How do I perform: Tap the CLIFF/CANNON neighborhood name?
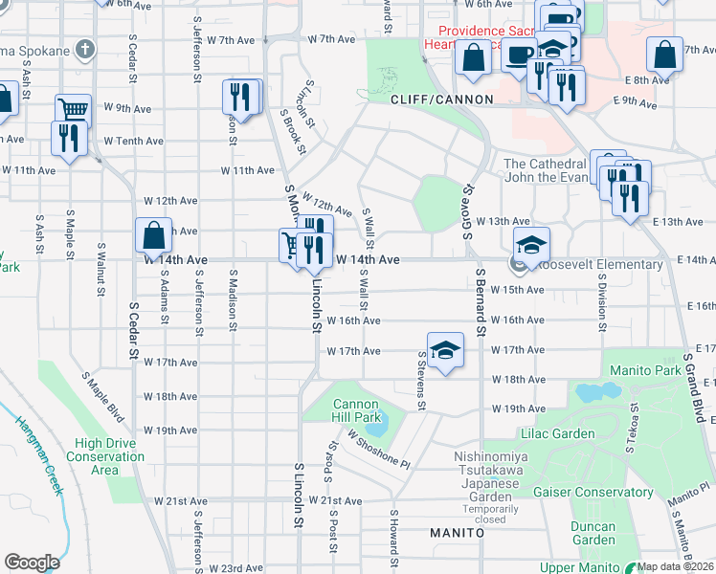(x=441, y=99)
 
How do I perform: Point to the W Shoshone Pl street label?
(x=379, y=448)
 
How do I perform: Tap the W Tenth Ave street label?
(x=134, y=141)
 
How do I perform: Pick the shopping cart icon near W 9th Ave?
(x=73, y=108)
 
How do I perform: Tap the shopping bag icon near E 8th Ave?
(x=664, y=55)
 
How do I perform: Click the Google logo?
(x=32, y=562)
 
